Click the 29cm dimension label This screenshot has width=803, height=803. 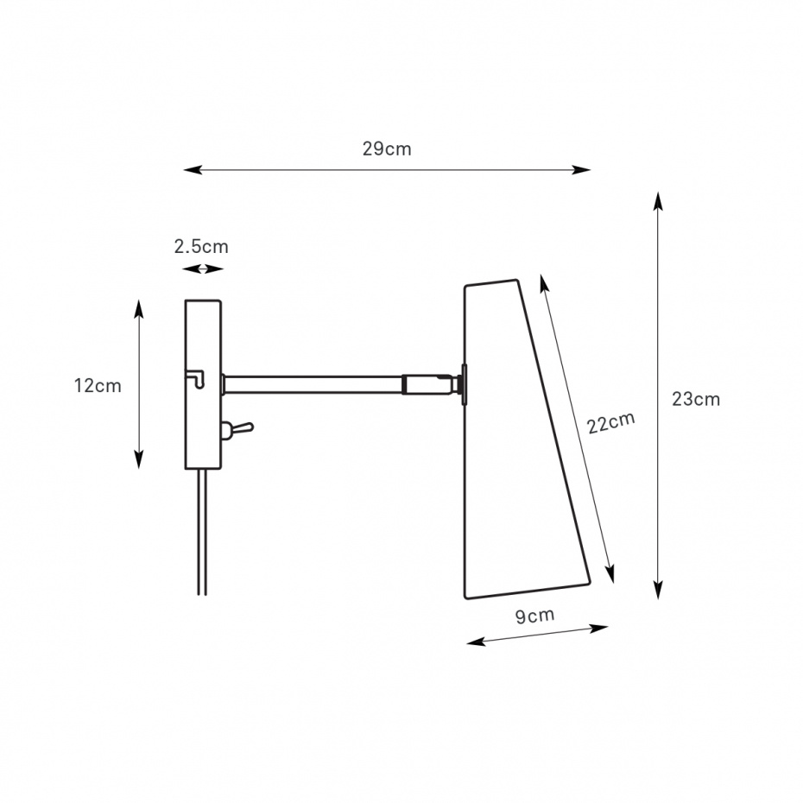pos(387,149)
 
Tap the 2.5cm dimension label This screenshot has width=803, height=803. pos(201,247)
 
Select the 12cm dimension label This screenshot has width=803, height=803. pos(98,386)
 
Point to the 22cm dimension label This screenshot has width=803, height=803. pos(610,422)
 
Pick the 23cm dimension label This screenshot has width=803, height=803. pos(696,399)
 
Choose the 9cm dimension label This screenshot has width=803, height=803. pos(534,615)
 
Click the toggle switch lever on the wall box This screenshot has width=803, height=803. pos(240,428)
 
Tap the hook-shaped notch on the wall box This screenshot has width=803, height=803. pos(195,378)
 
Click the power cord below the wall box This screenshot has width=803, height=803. pos(202,532)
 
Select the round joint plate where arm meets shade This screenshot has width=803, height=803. pos(464,384)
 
